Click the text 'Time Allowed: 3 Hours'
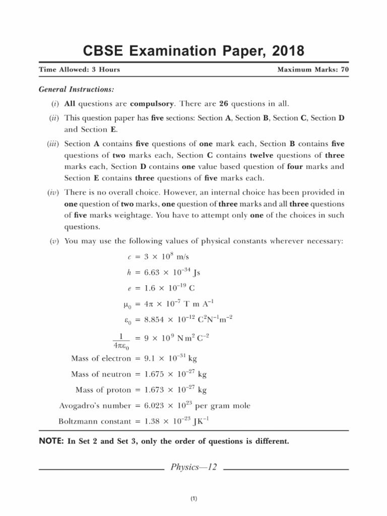79,70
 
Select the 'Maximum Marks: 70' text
313,70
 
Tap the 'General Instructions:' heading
76,90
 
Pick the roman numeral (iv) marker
53,192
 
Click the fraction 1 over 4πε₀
120,341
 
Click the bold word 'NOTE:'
51,441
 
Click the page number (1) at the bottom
193,499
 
